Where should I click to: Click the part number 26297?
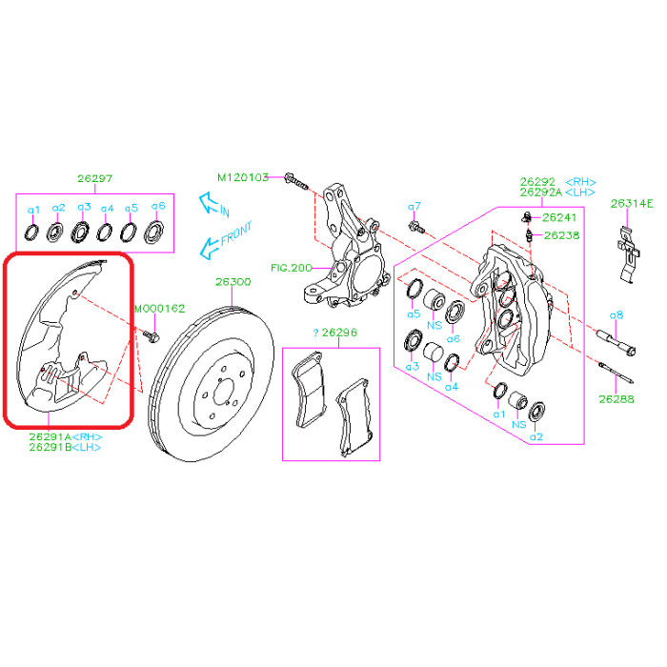point(95,178)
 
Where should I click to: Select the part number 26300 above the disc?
point(233,282)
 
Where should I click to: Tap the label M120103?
point(243,177)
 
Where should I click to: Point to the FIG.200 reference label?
point(292,268)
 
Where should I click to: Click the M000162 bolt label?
point(160,309)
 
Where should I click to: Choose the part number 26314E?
point(632,204)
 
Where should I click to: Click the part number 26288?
point(616,399)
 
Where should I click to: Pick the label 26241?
point(559,217)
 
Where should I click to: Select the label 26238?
point(561,235)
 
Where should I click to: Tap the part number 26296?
point(339,333)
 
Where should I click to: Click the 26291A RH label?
point(66,436)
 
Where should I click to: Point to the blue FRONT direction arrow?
point(210,248)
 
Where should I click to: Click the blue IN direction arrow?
point(210,202)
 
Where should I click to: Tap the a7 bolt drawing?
point(416,227)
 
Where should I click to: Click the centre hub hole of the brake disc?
point(223,392)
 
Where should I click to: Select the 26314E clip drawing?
point(628,254)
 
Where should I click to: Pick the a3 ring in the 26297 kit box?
point(80,232)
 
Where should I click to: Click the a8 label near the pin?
point(616,315)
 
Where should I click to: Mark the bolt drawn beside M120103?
point(295,181)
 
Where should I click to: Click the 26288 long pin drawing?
point(616,373)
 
